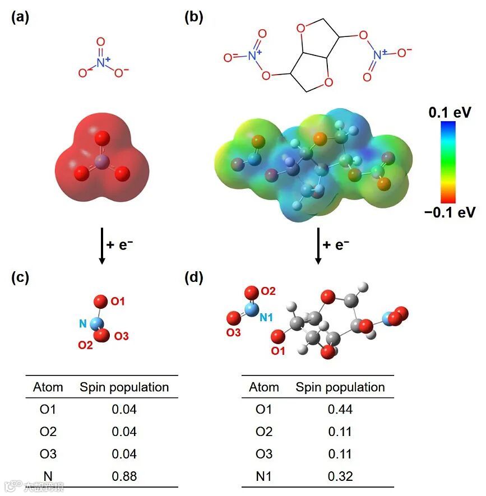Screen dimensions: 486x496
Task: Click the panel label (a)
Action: (20, 17)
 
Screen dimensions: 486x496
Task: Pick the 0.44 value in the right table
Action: (340, 410)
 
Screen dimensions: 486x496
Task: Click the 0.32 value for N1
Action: (340, 476)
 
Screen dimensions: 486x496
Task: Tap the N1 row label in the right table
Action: (263, 476)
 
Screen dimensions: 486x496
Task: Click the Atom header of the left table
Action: (48, 387)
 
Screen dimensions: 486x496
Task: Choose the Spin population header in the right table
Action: (340, 387)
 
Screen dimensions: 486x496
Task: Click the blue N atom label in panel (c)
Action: (82, 323)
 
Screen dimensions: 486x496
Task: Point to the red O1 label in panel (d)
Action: (278, 351)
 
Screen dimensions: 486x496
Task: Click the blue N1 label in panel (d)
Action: (266, 318)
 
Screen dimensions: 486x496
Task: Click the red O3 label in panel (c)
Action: (122, 336)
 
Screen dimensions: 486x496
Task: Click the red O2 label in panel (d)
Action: (269, 290)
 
